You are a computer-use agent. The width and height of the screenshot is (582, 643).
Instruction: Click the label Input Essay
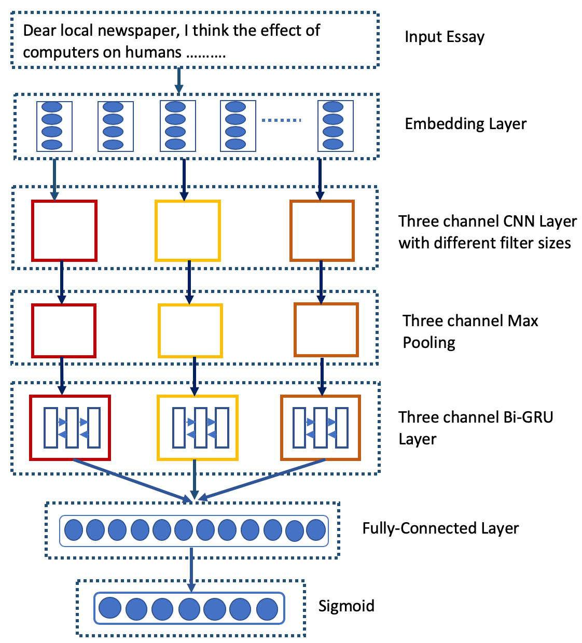coord(445,37)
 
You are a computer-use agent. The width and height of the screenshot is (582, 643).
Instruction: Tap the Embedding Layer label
coord(465,124)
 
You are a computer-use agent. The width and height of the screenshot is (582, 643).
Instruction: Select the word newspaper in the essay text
coord(139,31)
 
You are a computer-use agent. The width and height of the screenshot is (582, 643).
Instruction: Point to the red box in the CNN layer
coord(64,231)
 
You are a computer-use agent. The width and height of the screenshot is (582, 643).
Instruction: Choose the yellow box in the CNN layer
coord(188,231)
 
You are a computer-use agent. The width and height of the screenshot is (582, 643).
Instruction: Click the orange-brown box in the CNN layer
coord(322,231)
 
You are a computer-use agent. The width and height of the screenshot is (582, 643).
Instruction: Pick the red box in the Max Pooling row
coord(64,331)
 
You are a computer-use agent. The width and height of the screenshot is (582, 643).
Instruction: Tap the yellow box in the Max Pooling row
coord(190,331)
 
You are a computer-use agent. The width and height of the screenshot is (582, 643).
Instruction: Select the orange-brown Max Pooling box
coord(326,330)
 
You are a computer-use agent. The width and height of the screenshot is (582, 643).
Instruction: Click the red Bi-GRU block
coord(71,428)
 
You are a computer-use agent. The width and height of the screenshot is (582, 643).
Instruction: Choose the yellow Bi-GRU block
coord(198,428)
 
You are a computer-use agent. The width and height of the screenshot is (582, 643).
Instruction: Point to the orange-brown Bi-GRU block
coord(321,428)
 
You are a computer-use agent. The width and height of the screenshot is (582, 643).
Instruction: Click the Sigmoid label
coord(346,606)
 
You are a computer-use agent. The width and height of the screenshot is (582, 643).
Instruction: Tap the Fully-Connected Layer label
coord(440,528)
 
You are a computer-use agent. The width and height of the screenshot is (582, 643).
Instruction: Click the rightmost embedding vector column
coord(336,126)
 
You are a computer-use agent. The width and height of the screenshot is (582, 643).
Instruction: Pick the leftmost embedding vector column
coord(54,126)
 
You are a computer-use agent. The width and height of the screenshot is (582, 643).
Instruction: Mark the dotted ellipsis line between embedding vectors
coord(281,120)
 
